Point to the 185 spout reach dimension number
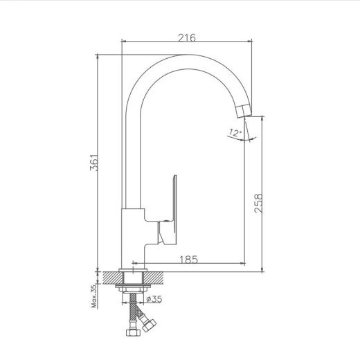[x=189, y=260]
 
